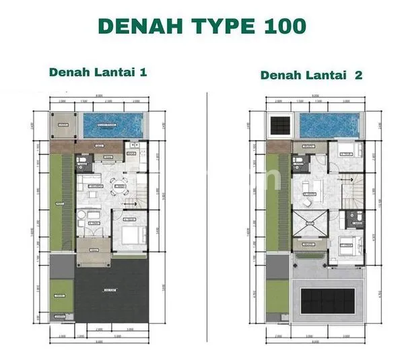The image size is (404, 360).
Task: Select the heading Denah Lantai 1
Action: [97, 73]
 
